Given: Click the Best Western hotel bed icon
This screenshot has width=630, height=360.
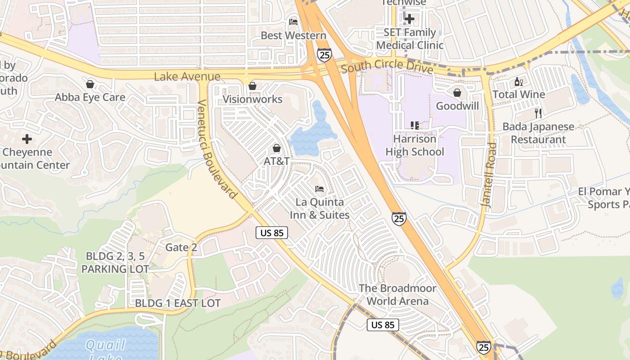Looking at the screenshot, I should (x=293, y=22).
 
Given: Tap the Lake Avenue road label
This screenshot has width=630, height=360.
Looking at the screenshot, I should (x=187, y=77).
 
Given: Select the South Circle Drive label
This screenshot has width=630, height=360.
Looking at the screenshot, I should (x=387, y=67).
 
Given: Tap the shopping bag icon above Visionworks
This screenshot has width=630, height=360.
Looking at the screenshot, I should (x=252, y=85).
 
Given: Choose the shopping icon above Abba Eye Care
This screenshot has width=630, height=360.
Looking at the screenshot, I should (x=90, y=84).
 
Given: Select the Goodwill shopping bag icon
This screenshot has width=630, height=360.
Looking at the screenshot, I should (x=457, y=93).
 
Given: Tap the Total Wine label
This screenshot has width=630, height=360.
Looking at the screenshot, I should (x=519, y=94).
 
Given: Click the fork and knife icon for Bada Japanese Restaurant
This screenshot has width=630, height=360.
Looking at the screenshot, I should (x=538, y=113).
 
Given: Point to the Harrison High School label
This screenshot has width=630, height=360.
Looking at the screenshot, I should (x=414, y=145).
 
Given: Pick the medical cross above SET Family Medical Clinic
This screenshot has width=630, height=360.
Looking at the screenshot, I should (x=409, y=19).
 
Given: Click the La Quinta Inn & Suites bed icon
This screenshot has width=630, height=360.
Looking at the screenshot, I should (x=319, y=189).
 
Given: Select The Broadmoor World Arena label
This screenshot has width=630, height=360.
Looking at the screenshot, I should (x=397, y=294).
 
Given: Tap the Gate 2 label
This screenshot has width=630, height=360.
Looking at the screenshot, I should (x=181, y=247).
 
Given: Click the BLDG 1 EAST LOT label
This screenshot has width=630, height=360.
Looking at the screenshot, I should (x=178, y=303).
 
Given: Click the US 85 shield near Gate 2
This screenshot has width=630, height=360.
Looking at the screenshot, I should (x=272, y=233).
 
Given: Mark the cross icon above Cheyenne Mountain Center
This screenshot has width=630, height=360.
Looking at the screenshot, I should (x=27, y=139).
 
